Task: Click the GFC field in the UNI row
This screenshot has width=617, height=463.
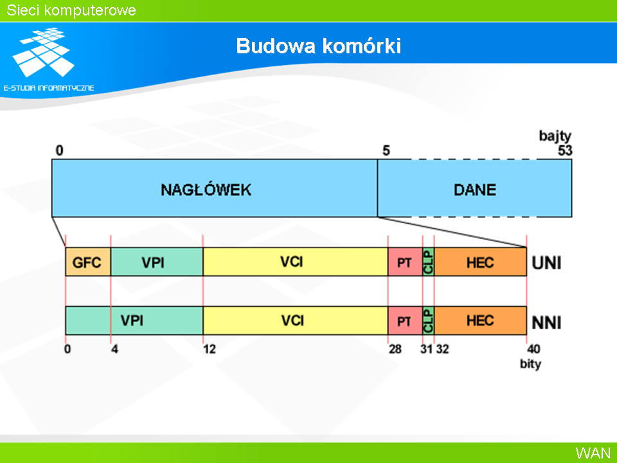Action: pos(88,262)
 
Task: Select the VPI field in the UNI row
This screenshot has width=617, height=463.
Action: pos(157,262)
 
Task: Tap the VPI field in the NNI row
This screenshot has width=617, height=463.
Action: pos(134,320)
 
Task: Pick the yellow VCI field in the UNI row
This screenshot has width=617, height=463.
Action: pos(296,262)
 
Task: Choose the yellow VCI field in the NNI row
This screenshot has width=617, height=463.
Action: pos(296,320)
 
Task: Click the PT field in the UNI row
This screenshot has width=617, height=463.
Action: pos(406,262)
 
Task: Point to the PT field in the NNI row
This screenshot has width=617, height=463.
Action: pos(406,320)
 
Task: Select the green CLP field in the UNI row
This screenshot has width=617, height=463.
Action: pos(429,262)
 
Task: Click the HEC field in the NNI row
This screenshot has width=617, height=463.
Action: pos(481,320)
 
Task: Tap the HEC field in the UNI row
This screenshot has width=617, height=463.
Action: pos(481,262)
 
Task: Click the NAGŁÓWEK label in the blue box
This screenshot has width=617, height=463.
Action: pos(206,190)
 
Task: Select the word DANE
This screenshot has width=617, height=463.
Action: pos(475,190)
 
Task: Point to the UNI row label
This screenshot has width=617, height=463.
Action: pos(546,262)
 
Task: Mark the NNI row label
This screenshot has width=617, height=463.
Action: pos(546,322)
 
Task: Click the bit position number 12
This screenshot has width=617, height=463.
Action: pos(210,349)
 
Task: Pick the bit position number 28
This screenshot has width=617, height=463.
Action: pos(395,349)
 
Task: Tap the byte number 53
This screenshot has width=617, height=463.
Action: pos(565,150)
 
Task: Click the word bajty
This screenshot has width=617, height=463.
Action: pos(555,136)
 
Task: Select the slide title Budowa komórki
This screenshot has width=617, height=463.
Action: pos(318,46)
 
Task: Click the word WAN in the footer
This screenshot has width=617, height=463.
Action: pos(593,453)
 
